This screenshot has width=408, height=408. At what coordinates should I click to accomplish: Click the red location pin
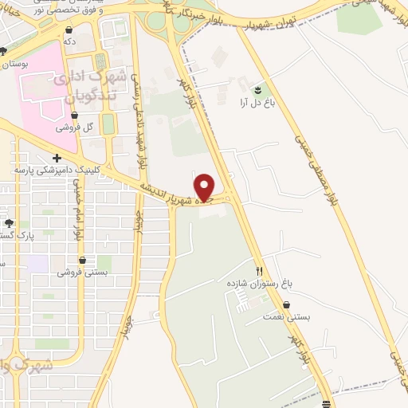click(x=205, y=187)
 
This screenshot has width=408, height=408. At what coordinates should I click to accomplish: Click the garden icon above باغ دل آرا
click(x=257, y=88)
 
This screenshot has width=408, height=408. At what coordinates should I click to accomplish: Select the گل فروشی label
click(x=79, y=127)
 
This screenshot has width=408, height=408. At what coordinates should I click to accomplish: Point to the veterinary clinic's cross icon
click(x=57, y=158)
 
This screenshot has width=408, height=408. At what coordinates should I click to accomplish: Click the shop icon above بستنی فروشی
click(x=83, y=259)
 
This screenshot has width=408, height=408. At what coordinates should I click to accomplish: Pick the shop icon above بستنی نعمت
click(x=286, y=304)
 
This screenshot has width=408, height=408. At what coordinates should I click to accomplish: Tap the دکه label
click(x=69, y=41)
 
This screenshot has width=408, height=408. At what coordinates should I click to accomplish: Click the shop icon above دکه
click(x=69, y=29)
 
